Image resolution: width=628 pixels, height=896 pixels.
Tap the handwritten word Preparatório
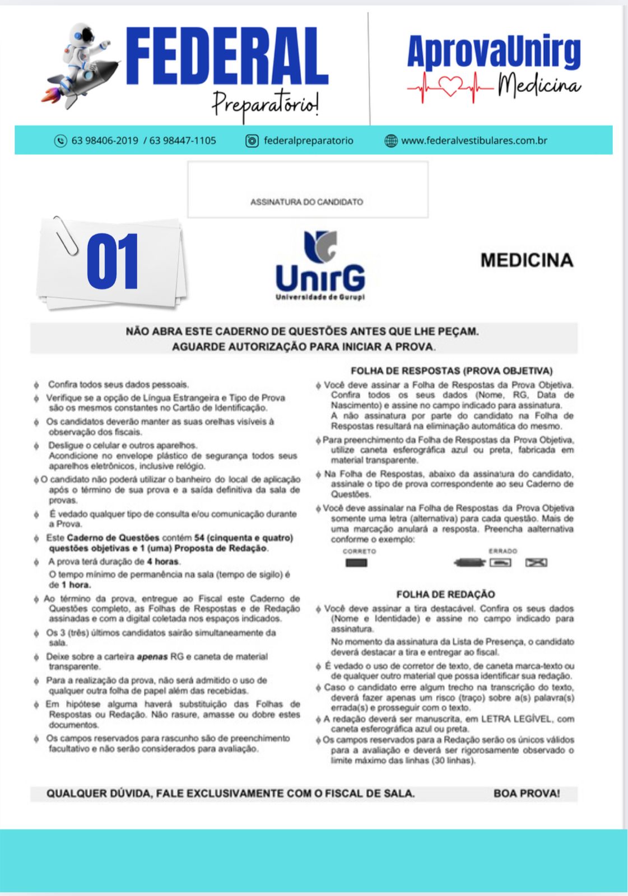266,104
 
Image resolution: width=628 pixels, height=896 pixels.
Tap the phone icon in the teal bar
61,141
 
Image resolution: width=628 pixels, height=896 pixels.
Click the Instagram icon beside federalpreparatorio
252,141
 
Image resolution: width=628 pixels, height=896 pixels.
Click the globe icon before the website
390,141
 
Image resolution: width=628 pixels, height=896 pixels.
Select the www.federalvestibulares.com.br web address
474,141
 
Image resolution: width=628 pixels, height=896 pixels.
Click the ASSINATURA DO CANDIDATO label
306,202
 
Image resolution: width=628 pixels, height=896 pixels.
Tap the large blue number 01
113,262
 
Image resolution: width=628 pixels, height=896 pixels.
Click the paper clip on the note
66,235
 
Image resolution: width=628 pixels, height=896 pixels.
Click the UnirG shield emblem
320,246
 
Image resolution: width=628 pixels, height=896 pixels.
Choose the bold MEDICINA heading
527,260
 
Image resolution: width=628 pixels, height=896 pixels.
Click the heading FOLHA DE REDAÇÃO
445,594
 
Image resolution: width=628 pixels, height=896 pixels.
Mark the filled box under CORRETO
356,563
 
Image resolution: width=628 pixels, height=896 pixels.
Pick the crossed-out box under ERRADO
536,563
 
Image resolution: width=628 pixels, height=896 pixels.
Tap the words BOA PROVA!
527,794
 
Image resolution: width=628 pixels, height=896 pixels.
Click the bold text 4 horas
164,562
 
